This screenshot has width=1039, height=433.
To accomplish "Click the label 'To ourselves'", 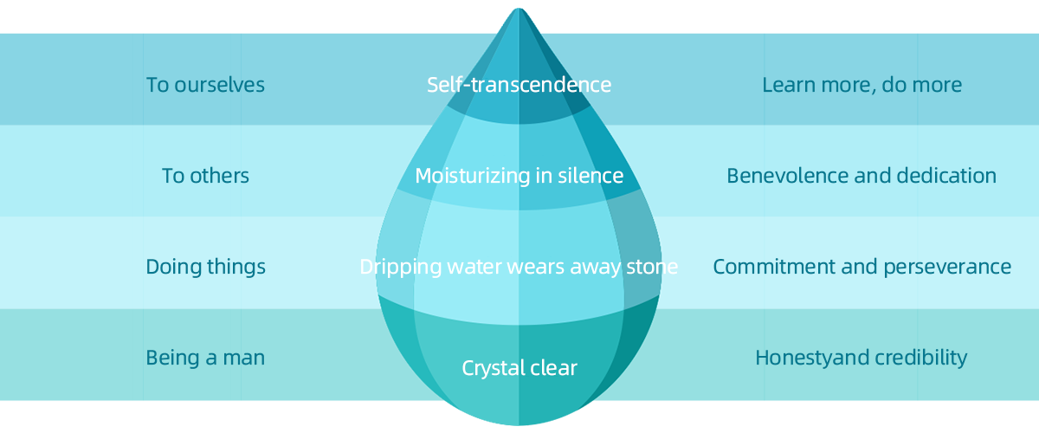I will (205, 85).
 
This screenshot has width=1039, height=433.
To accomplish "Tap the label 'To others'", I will (205, 176).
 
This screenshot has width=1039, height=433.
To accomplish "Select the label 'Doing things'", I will (205, 267).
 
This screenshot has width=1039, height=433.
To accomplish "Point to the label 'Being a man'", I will (205, 358).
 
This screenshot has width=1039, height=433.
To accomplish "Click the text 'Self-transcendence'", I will (519, 85).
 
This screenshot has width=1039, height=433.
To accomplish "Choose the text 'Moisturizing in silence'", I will (519, 176).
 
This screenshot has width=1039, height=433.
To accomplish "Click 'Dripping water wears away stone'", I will (519, 267).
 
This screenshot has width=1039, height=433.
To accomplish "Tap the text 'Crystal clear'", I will (519, 368).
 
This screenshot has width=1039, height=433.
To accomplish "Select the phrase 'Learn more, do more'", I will (862, 85).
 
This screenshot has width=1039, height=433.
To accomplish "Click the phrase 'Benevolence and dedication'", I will (862, 176).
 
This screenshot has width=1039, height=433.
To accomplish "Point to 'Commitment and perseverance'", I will (862, 267).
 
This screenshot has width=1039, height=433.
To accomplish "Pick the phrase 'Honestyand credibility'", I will (862, 358).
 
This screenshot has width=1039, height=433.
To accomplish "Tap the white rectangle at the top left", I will (216, 27).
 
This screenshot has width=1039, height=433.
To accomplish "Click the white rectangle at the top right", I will (804, 29).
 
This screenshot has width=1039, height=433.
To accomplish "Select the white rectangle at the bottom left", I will (216, 411).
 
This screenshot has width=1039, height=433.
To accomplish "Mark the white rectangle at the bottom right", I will (804, 411).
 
